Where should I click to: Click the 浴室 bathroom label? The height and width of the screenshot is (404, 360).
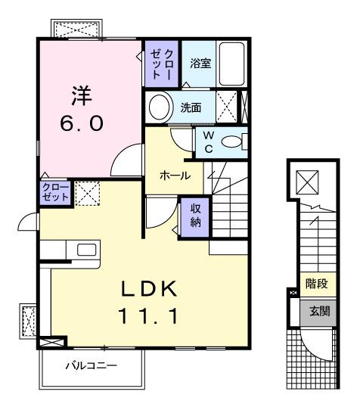click(200, 64)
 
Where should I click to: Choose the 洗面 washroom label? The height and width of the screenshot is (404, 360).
click(190, 107)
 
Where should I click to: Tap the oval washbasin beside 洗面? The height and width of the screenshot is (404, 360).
click(159, 107)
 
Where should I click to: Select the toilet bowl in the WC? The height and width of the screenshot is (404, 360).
click(234, 141)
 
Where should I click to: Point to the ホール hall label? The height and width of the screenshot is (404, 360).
click(174, 175)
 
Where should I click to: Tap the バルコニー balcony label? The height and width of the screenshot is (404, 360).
click(90, 366)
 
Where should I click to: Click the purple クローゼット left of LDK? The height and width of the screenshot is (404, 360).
click(55, 192)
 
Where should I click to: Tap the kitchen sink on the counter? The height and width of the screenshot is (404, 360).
click(84, 249)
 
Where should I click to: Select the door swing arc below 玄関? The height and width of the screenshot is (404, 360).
click(312, 344)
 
